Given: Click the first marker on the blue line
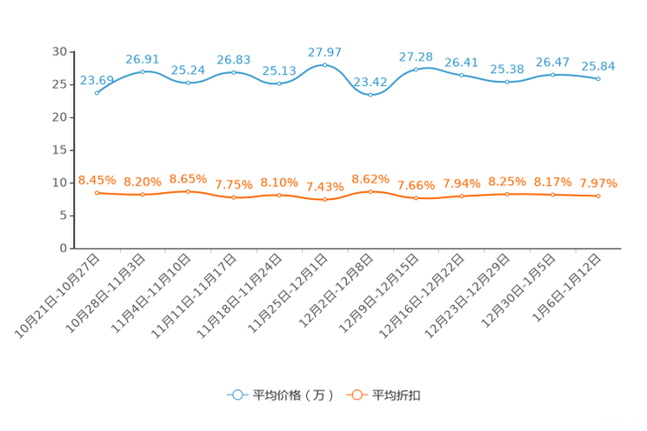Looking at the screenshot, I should tap(97, 91).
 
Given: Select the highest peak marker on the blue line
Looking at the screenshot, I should tap(324, 64).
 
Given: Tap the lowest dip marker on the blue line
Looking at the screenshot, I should tap(370, 94).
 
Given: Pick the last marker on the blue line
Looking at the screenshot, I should tap(598, 78).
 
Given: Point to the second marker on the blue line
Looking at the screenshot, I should tap(142, 70).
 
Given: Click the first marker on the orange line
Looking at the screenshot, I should tap(97, 192).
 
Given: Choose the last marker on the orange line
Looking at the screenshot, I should tap(598, 196).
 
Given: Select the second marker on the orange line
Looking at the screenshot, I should tap(142, 195).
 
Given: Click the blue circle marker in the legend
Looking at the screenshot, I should tap(237, 395).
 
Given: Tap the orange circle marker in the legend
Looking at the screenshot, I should tap(355, 395).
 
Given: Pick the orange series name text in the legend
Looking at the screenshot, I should tap(397, 395).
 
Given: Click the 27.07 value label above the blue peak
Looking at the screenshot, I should tap(325, 52).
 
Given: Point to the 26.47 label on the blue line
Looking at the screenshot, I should tap(552, 62).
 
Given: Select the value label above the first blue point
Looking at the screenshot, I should tap(96, 80).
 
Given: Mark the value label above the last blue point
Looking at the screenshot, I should tap(598, 66).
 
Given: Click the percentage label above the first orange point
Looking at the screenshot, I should tap(96, 180).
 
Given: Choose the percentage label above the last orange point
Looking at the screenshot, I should tap(598, 183).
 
